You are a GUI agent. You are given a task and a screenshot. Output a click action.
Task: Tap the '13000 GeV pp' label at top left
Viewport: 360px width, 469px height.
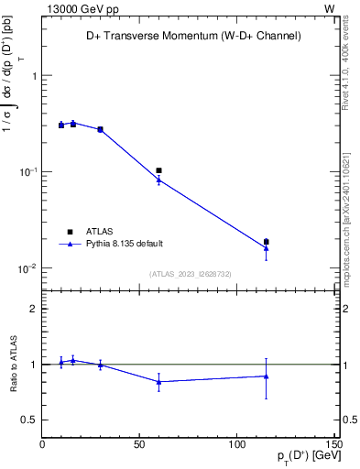click(79, 8)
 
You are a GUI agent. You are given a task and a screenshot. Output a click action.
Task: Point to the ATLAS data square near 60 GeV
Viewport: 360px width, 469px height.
click(158, 170)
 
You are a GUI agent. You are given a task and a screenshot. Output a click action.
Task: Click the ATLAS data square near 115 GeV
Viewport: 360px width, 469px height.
click(267, 242)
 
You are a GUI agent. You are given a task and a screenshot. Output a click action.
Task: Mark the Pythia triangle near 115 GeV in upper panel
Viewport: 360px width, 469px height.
click(267, 248)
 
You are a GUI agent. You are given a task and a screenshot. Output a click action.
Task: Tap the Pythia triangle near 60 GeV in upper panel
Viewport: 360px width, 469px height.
click(158, 180)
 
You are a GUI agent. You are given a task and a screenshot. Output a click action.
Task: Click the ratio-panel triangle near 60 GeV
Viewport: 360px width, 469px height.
click(158, 382)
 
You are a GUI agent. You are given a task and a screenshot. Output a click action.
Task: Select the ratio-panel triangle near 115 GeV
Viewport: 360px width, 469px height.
click(267, 376)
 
